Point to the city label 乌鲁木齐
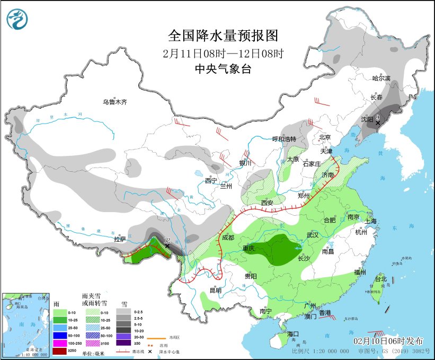point(115,102)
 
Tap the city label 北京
point(324,137)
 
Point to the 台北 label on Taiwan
point(380,279)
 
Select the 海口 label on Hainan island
point(294,334)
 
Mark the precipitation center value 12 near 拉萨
point(167,241)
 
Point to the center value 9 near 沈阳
point(378,117)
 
